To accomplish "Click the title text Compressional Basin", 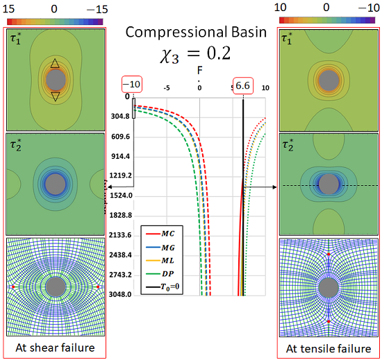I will coord(191,32).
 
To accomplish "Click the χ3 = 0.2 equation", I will coord(191,54).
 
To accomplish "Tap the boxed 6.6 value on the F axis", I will coord(243,83).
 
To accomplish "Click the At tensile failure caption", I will coord(328,348).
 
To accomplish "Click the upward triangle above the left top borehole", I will coord(54,64).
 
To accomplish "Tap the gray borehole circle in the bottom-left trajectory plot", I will coord(54,287).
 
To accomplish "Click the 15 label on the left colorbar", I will coord(12,6).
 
